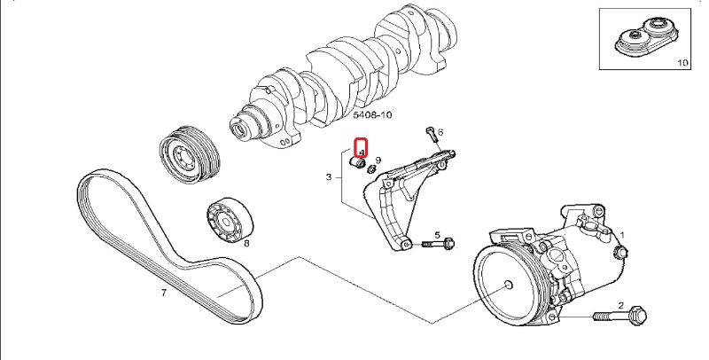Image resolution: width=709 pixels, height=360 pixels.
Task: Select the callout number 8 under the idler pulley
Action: [245, 242]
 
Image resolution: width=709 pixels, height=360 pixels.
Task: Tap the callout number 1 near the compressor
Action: [622, 235]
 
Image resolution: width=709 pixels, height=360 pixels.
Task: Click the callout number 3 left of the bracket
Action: [329, 177]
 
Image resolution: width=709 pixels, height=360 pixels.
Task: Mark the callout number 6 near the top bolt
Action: [440, 132]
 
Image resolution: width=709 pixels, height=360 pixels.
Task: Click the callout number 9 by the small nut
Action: [378, 160]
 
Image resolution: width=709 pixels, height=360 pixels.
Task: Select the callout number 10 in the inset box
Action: [682, 63]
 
